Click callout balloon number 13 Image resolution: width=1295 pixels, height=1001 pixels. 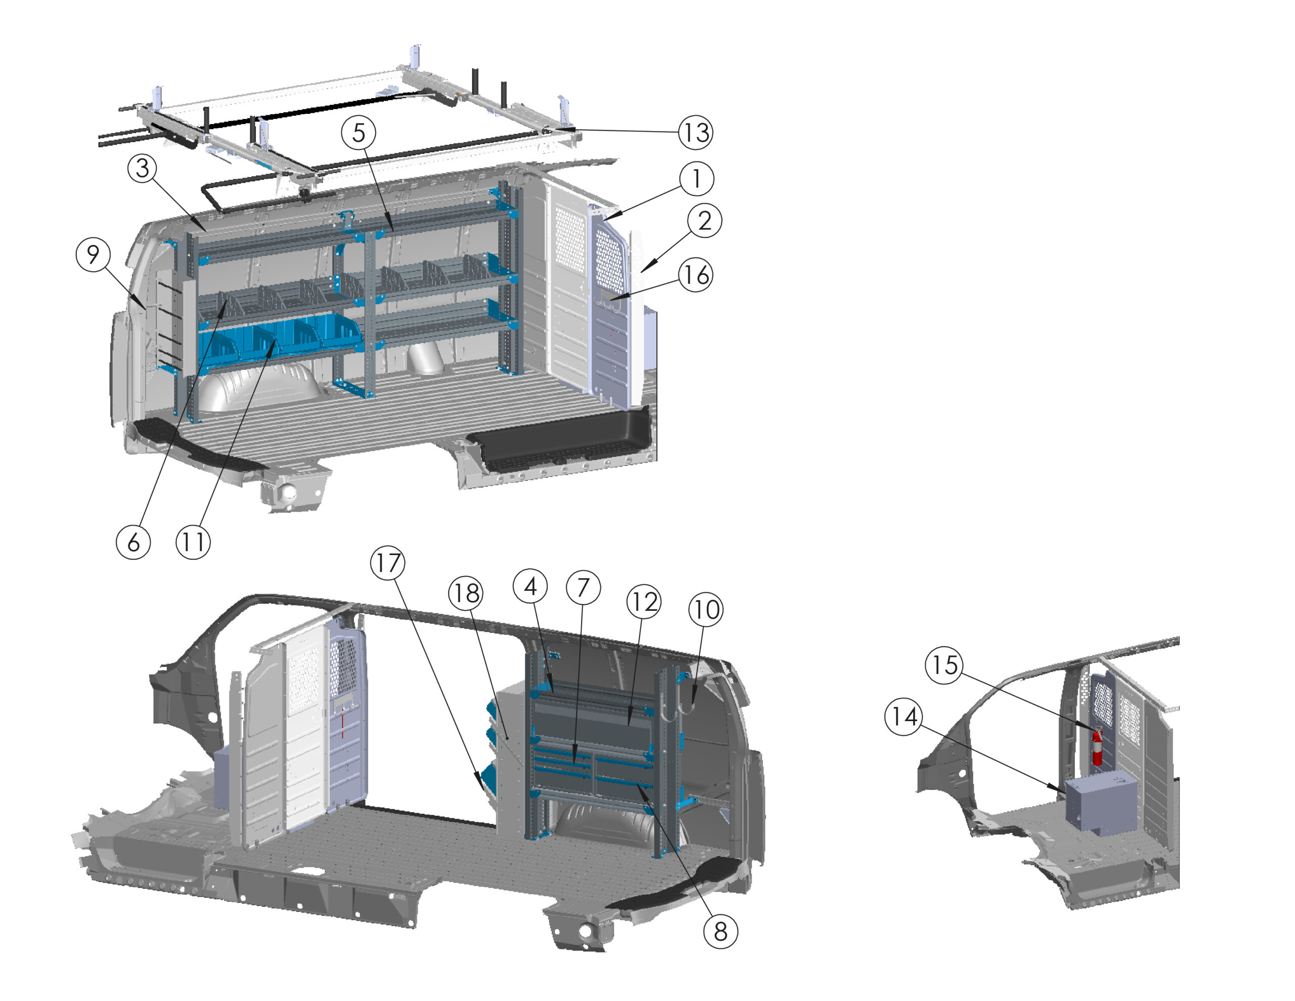click(x=696, y=132)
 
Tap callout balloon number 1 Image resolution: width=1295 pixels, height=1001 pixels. click(x=696, y=179)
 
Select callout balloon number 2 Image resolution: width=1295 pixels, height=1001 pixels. click(x=705, y=221)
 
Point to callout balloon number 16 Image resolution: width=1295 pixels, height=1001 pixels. click(x=696, y=275)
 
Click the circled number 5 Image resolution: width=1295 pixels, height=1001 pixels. click(x=359, y=132)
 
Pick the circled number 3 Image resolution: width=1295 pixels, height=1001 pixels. click(x=142, y=168)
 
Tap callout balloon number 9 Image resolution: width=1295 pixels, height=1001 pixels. click(x=93, y=255)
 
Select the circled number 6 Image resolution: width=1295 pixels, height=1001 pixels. click(x=134, y=541)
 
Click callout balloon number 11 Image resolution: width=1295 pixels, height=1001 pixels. click(x=193, y=541)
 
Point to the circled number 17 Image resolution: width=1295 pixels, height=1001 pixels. click(x=388, y=563)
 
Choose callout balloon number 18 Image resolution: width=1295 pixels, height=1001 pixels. click(x=466, y=593)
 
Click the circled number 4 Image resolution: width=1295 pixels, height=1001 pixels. click(x=531, y=586)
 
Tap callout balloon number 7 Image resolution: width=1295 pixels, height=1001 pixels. click(x=583, y=588)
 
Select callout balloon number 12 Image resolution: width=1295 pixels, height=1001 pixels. click(x=644, y=602)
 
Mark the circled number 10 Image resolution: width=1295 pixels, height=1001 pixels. click(x=706, y=609)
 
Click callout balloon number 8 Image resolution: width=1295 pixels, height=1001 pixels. click(x=720, y=931)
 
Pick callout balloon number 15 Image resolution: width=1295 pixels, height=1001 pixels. click(x=944, y=664)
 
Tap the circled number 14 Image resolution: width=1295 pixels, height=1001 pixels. click(x=903, y=717)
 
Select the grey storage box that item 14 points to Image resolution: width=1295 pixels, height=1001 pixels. click(x=1101, y=801)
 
